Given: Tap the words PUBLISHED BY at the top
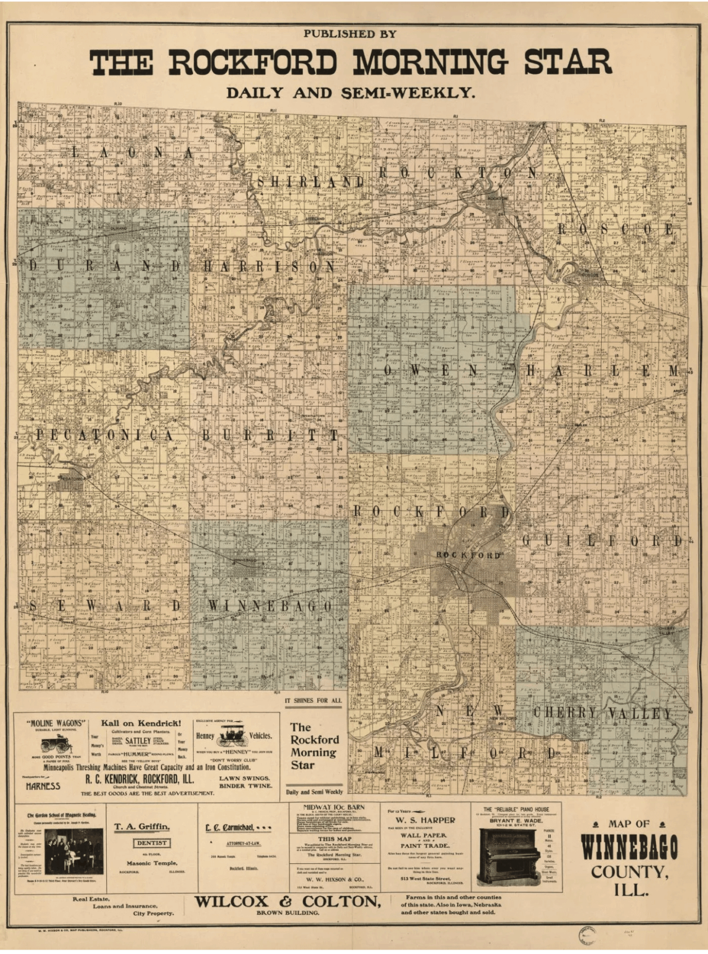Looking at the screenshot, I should (x=350, y=34).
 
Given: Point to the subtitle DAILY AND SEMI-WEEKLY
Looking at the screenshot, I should (x=350, y=93).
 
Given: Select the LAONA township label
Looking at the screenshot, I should (x=132, y=153).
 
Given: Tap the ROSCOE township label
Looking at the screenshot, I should (x=615, y=229).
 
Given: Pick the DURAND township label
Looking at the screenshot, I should (x=106, y=266).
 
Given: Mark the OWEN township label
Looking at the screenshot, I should (x=430, y=371).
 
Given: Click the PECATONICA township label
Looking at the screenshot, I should (x=104, y=435).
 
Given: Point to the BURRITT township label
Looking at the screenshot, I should (x=270, y=435).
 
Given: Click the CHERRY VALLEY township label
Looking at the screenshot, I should (x=602, y=712).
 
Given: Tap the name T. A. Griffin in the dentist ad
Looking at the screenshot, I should (x=142, y=827).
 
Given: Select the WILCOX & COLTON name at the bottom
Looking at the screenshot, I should (x=288, y=902).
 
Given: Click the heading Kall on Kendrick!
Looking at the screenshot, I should (x=141, y=723).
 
